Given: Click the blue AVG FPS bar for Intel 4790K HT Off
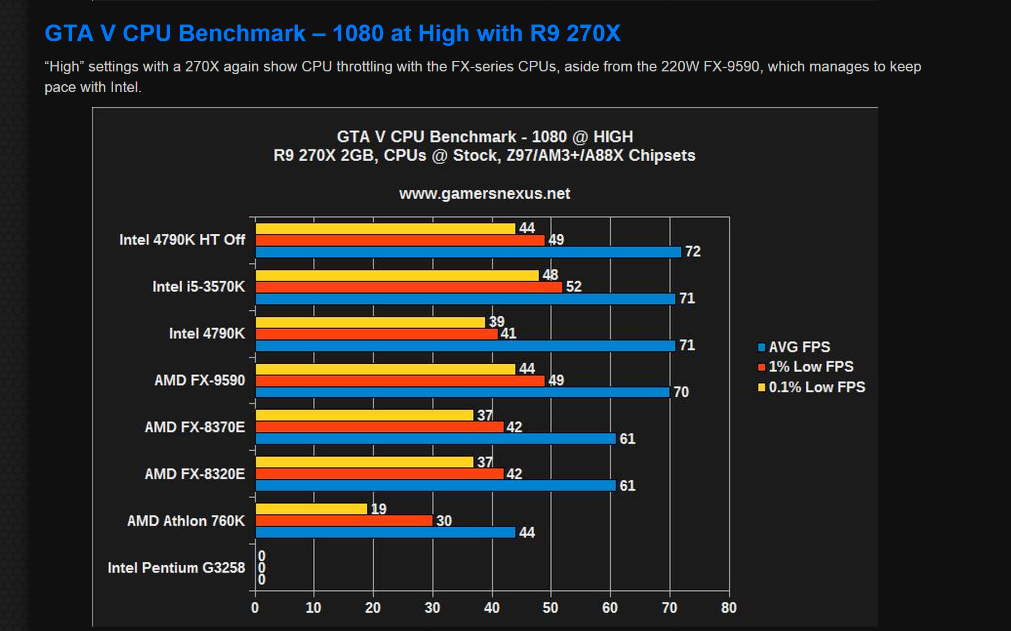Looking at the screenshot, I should pos(468,252).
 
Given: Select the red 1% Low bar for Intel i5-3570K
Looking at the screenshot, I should pos(409,287).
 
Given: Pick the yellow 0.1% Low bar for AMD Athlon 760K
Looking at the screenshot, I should pos(311,509).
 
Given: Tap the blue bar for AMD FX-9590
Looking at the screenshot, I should pos(462,392).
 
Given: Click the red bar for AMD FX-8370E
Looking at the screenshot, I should pos(379,427).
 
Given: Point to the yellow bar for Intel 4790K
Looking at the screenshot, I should pos(370,322).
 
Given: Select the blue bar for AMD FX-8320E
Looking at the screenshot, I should pos(436,486).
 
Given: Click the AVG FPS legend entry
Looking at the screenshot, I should pos(799,347).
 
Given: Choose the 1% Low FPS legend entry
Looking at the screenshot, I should pos(810,367).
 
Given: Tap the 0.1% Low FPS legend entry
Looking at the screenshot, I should pos(816,387).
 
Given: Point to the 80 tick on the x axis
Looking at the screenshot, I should pos(728,608).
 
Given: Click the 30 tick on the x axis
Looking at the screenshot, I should pos(432,608).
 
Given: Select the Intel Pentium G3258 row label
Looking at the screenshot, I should pos(176,568).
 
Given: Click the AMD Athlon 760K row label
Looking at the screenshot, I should pos(186,521).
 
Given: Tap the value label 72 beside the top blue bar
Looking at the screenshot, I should pos(693,252).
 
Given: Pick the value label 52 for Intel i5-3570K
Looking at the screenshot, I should pos(573,287).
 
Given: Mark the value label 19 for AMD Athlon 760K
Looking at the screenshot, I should pos(378,509).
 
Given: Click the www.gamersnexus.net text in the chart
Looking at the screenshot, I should pos(484,194).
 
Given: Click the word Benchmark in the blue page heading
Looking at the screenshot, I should pos(242,33).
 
